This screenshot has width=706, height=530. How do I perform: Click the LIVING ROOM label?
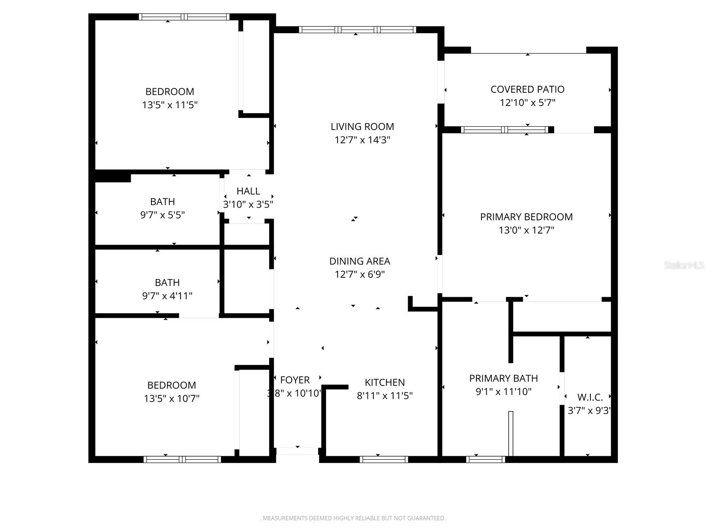tap(362, 127)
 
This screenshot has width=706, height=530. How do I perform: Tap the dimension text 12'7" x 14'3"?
tap(362, 140)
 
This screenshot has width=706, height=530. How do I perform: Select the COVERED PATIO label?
tap(527, 89)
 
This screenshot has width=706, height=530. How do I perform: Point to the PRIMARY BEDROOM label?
tap(526, 217)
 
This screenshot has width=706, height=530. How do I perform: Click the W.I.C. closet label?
tap(590, 397)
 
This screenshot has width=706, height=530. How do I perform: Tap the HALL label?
tap(248, 191)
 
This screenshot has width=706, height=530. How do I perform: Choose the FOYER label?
tap(295, 380)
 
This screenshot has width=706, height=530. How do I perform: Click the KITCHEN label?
tap(385, 382)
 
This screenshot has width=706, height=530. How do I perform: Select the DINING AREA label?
tap(360, 261)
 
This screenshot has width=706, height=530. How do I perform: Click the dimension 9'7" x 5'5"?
tap(162, 215)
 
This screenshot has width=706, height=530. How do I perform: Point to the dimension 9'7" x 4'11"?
tap(167, 296)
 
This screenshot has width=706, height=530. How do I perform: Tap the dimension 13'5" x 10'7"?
tap(172, 398)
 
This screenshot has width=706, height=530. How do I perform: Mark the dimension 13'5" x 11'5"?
tap(170, 105)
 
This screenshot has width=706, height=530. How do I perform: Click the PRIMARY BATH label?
tap(503, 379)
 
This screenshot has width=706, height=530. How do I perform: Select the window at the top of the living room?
tap(357, 30)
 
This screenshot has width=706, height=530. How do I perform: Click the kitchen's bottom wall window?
tap(383, 459)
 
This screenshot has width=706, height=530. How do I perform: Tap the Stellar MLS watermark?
tap(684, 265)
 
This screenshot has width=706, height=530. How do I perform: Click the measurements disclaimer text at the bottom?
tap(353, 518)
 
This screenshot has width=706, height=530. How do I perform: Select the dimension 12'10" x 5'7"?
tap(527, 103)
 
